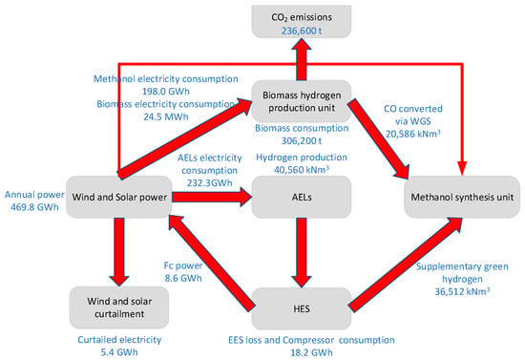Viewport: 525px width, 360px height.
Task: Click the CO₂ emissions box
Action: pyautogui.click(x=302, y=21)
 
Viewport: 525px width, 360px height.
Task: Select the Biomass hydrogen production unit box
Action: pyautogui.click(x=302, y=101)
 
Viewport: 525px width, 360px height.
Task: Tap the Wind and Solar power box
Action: pyautogui.click(x=119, y=197)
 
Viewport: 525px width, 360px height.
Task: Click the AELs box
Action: pyautogui.click(x=302, y=197)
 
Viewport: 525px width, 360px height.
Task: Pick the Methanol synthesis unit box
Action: pyautogui.click(x=462, y=197)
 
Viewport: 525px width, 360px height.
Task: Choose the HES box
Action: pyautogui.click(x=302, y=308)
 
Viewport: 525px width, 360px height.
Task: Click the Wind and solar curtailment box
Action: pyautogui.click(x=119, y=307)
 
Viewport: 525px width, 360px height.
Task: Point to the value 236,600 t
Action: pyautogui.click(x=302, y=31)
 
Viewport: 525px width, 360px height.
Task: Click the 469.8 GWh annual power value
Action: pyautogui.click(x=34, y=207)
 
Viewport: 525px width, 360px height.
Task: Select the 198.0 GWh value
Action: pyautogui.click(x=166, y=92)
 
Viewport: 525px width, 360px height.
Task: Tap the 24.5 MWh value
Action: pyautogui.click(x=166, y=116)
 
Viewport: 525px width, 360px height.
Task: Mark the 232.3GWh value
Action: pyautogui.click(x=210, y=183)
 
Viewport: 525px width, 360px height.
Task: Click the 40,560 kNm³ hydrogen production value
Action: pyautogui.click(x=302, y=169)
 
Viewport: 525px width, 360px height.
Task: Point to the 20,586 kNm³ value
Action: pyautogui.click(x=412, y=134)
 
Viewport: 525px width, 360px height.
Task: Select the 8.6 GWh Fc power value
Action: pyautogui.click(x=183, y=278)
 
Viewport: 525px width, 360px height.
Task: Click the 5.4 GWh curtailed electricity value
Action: pyautogui.click(x=119, y=352)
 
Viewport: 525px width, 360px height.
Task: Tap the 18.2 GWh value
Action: pyautogui.click(x=311, y=352)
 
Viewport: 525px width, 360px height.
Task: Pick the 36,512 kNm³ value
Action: pyautogui.click(x=462, y=291)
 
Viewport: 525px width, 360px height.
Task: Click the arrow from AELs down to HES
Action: pyautogui.click(x=302, y=252)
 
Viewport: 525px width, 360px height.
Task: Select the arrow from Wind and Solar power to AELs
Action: pyautogui.click(x=212, y=197)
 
